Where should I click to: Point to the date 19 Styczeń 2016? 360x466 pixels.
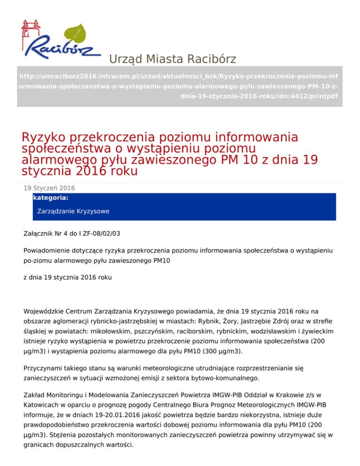pyautogui.click(x=49, y=188)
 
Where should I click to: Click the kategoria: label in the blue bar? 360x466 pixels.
pyautogui.click(x=51, y=198)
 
